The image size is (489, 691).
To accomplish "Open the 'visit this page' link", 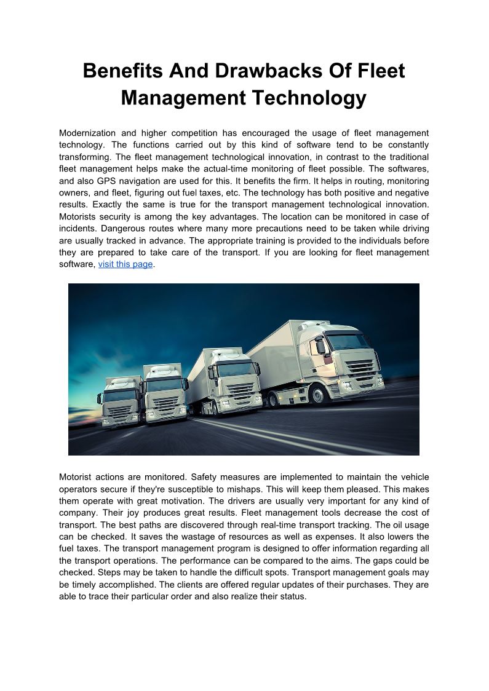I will point(125,264).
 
